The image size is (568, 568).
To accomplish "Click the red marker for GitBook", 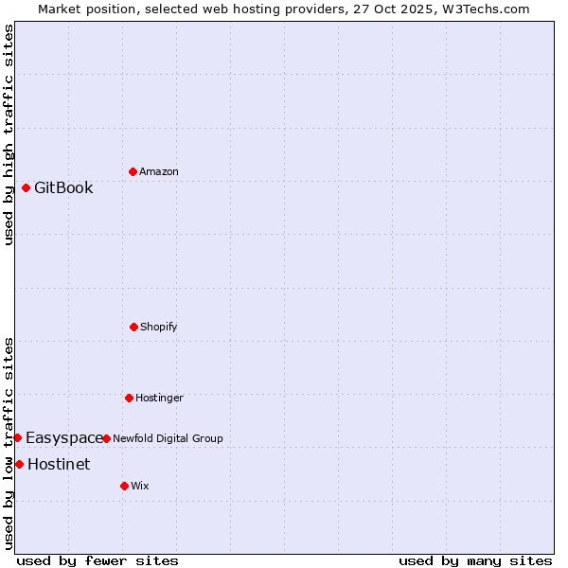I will tap(26, 187).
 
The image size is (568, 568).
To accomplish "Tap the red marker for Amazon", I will tap(133, 171).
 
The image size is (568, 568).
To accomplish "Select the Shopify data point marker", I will tap(133, 327).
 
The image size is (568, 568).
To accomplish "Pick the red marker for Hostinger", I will tap(129, 398).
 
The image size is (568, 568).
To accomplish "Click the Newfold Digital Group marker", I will tap(106, 438).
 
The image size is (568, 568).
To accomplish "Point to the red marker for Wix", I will tap(124, 486).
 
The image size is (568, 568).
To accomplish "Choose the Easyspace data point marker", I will tap(17, 437).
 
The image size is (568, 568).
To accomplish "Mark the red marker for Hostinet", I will tap(19, 464).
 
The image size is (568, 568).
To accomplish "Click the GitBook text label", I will tap(63, 187).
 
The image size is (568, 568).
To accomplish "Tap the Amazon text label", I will tap(159, 171).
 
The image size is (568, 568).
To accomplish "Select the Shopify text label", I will tap(159, 327).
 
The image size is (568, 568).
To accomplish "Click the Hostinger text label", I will tap(159, 398).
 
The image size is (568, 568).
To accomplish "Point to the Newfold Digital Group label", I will tap(168, 438).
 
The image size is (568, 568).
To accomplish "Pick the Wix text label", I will tap(140, 486).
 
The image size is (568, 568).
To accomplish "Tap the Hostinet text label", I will tap(59, 464).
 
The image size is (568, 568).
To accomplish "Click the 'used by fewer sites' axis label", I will tap(98, 560).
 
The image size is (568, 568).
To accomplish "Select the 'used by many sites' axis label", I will tap(475, 560).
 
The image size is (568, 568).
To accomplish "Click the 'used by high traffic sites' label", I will tap(9, 134).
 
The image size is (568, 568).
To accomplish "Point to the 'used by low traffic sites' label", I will tap(9, 443).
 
